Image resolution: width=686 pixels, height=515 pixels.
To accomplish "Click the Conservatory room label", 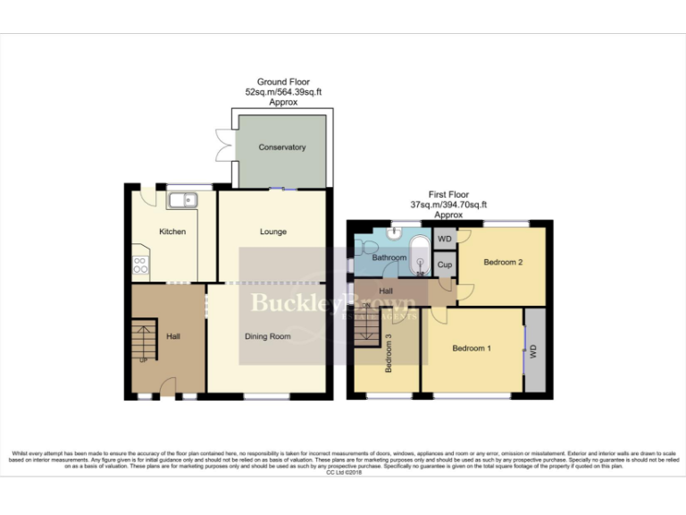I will tap(281, 148).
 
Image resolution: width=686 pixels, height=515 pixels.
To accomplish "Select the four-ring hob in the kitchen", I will tap(140, 264).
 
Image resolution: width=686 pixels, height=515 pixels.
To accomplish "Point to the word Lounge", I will tap(273, 232).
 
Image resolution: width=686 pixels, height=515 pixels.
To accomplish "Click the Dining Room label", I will tap(268, 337).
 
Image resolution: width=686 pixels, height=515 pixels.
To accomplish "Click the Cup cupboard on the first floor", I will tap(444, 265).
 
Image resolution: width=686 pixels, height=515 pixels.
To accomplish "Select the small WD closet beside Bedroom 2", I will tap(444, 239).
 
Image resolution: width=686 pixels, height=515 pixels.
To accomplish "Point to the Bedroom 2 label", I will tap(503, 263).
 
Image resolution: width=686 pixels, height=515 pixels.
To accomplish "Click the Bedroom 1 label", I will tap(471, 348).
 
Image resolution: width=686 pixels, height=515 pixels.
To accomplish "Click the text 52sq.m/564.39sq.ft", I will tap(282, 92).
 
